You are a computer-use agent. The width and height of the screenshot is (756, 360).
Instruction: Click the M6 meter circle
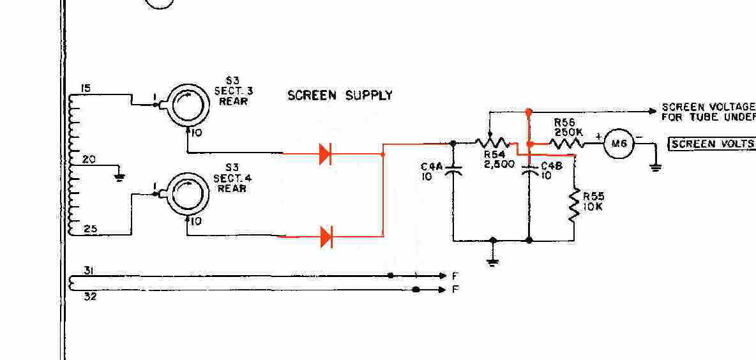pos(618,144)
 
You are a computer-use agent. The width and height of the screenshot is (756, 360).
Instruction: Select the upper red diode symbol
pos(325,154)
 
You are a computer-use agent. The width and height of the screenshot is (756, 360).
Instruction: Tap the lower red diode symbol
pos(326,237)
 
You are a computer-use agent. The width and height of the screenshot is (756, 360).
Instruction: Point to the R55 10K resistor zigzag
pos(574,204)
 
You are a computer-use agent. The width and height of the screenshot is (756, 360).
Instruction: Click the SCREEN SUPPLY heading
pos(340,96)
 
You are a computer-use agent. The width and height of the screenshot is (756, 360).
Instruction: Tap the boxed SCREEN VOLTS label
pos(711,144)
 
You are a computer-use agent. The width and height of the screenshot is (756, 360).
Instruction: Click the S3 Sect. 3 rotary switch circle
pos(185,106)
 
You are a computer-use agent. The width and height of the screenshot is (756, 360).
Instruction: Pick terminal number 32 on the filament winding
pos(90,296)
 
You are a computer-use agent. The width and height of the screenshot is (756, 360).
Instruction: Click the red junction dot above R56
pos(529,112)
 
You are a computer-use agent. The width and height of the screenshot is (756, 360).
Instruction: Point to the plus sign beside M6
pos(598,136)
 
